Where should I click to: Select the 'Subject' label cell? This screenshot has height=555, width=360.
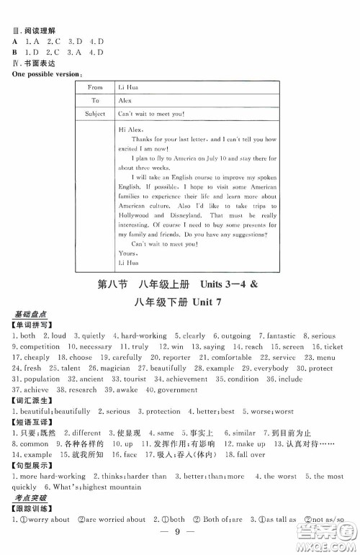click(x=95, y=114)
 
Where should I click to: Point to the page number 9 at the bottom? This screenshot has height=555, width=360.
click(x=179, y=545)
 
